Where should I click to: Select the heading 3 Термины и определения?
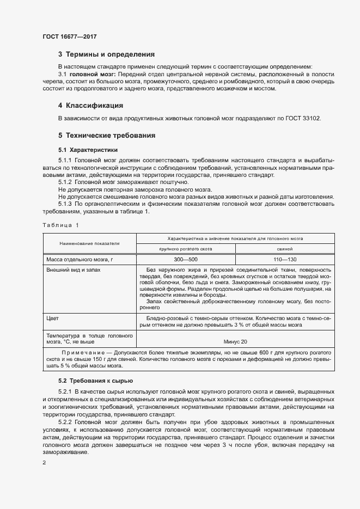tap(106, 54)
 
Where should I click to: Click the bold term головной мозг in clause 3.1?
tap(88, 73)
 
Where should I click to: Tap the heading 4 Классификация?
tap(90, 105)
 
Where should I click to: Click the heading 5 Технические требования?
tap(107, 135)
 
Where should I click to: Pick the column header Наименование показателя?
tap(90, 243)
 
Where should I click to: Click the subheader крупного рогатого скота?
tap(185, 248)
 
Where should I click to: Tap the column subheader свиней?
tap(284, 248)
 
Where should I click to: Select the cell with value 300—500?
tap(185, 259)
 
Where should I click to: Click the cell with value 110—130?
tap(284, 259)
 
